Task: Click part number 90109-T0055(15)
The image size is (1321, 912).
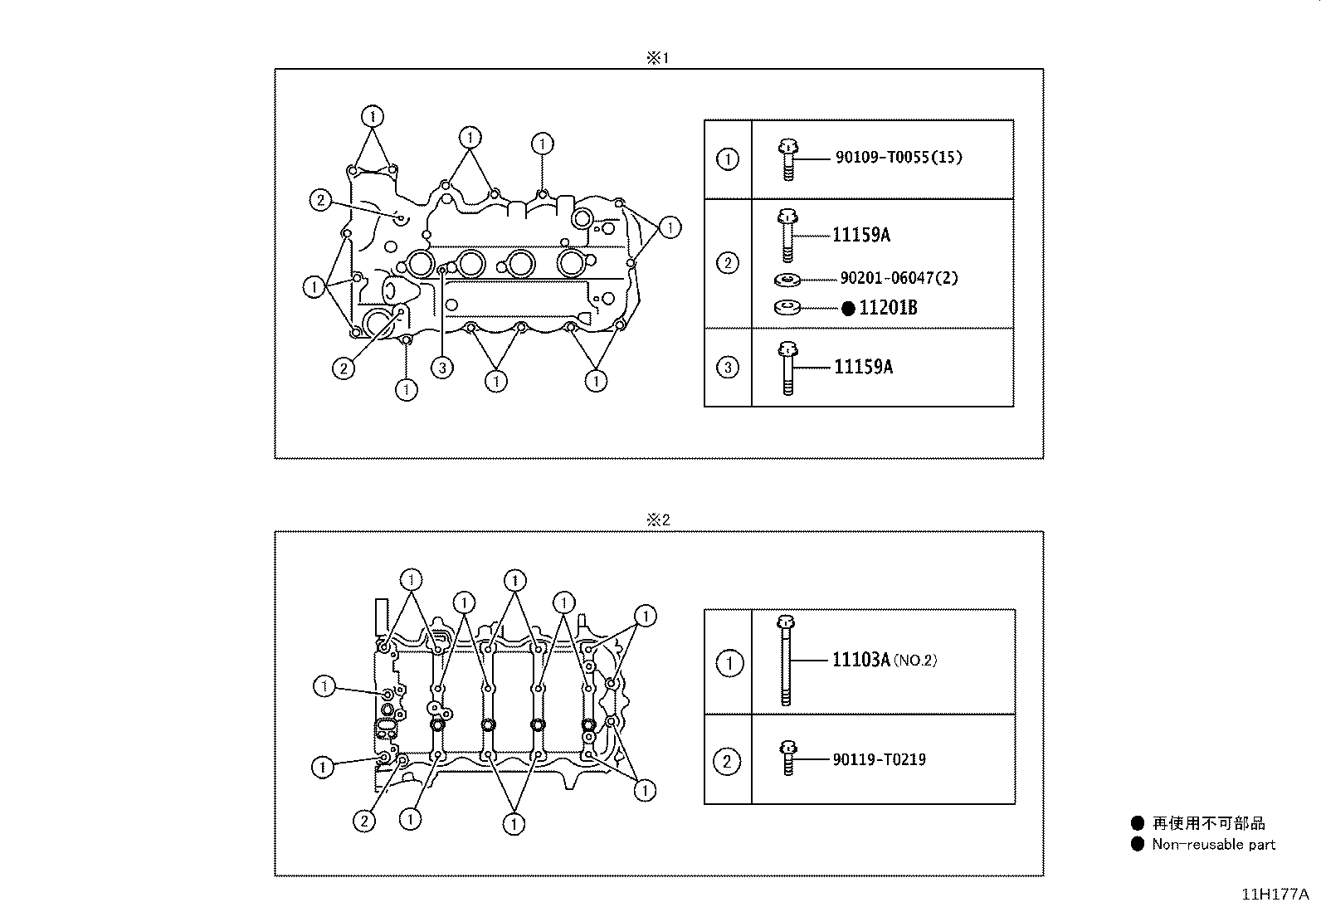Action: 899,158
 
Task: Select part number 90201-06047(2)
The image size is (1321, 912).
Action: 899,278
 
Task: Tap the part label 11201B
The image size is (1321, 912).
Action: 888,308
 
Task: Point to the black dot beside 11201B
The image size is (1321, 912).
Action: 848,309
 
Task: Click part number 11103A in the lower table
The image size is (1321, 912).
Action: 861,660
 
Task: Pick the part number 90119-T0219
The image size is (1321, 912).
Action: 880,759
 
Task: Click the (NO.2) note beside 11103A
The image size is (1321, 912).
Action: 915,661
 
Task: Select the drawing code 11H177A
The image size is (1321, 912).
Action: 1275,895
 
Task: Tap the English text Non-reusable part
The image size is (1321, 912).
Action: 1213,845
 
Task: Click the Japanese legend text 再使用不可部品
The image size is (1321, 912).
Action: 1209,823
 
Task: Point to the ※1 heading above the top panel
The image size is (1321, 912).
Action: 657,58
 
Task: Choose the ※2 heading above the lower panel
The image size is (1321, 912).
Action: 657,520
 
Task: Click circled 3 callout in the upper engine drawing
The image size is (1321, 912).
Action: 442,368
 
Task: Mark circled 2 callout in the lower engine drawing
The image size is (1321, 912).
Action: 363,821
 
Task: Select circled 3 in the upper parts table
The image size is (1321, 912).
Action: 727,367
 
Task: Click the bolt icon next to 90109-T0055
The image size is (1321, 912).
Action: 787,159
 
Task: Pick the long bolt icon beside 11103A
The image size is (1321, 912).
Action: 786,661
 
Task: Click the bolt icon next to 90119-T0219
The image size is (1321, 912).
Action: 787,758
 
